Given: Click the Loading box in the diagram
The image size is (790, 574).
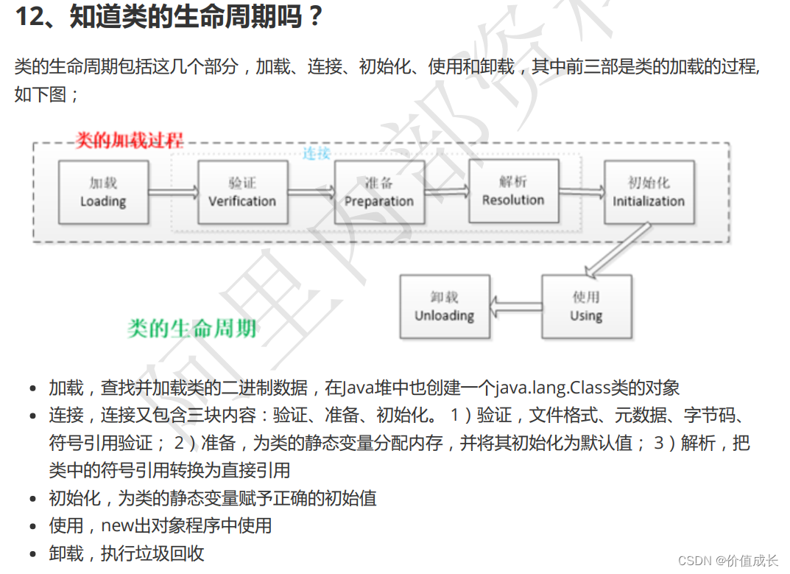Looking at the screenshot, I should (x=103, y=192).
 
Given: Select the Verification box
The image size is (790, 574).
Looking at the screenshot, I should (x=241, y=192).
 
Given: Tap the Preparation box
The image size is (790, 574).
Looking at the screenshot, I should (x=378, y=192).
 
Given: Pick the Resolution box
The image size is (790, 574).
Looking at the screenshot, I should (x=513, y=191).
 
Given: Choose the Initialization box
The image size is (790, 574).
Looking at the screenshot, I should (x=649, y=192).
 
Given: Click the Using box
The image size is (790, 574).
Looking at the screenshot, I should (x=586, y=307).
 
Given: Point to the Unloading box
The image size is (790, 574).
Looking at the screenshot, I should (x=444, y=307).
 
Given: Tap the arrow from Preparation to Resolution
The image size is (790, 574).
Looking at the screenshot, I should (x=446, y=192).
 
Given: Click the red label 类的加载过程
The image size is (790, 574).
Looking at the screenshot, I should (x=130, y=140).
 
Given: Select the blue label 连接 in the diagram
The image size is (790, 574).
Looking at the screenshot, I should (x=317, y=153).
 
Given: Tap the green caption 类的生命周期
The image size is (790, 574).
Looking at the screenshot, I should (x=191, y=328).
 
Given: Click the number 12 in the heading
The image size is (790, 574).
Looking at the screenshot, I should (x=29, y=16).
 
